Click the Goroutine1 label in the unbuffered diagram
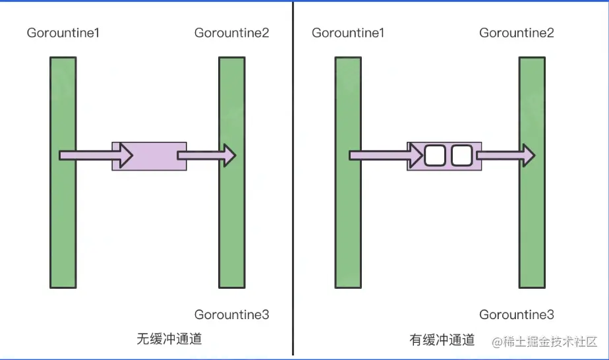click(63, 33)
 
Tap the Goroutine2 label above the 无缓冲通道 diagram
click(231, 33)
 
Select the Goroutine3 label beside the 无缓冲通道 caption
click(231, 315)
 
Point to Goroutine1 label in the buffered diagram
click(347, 33)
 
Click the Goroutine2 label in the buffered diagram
click(516, 33)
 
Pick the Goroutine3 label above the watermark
click(516, 315)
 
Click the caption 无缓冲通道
click(169, 340)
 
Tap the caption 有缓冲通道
click(442, 340)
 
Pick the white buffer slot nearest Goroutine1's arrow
click(435, 156)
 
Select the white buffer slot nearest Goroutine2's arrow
click(461, 156)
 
